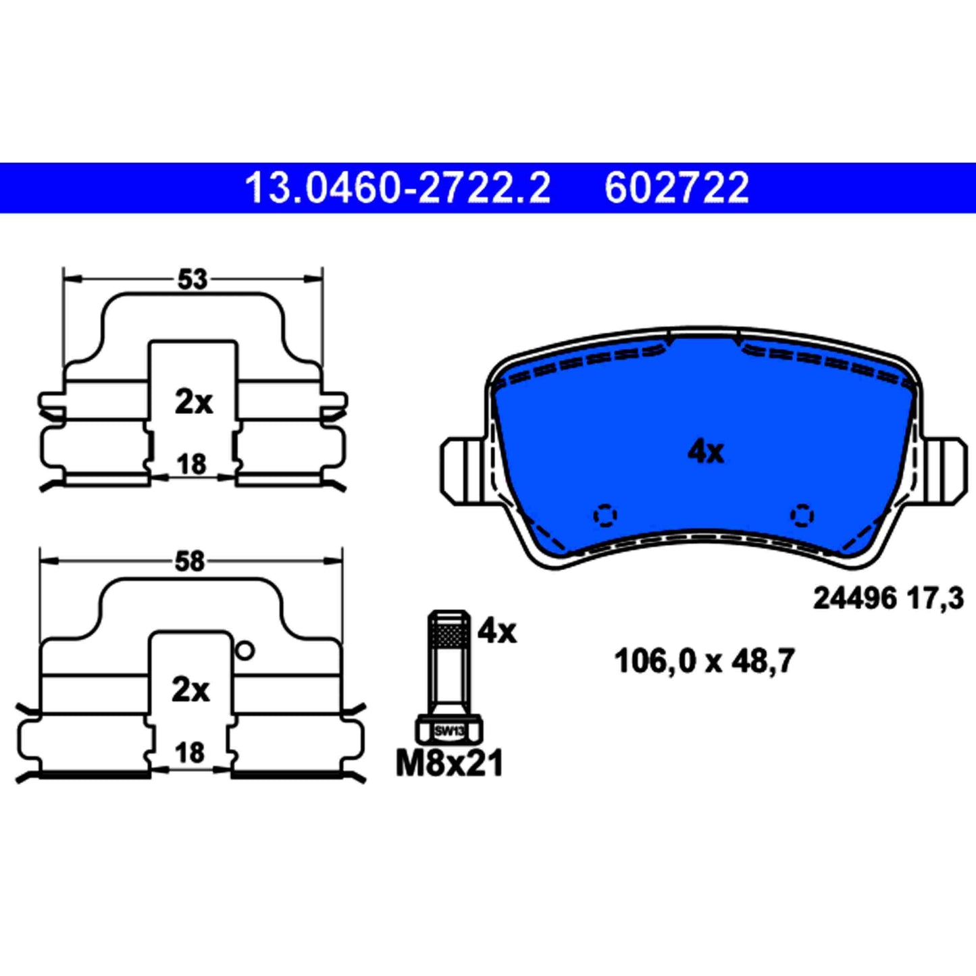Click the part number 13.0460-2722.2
pyautogui.click(x=397, y=188)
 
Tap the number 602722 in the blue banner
pyautogui.click(x=677, y=188)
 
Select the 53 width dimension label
pyautogui.click(x=192, y=279)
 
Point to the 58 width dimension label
pyautogui.click(x=189, y=561)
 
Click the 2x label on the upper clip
pyautogui.click(x=193, y=403)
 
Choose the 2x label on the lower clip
pyautogui.click(x=190, y=690)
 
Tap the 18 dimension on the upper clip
pyautogui.click(x=191, y=464)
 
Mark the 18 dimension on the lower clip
pyautogui.click(x=189, y=752)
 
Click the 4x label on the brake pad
pyautogui.click(x=705, y=451)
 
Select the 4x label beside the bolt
pyautogui.click(x=496, y=631)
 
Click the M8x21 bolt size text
pyautogui.click(x=449, y=764)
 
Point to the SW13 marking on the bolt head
pyautogui.click(x=449, y=731)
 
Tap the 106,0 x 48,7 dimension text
pyautogui.click(x=704, y=661)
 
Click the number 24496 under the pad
pyautogui.click(x=854, y=598)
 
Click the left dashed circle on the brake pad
pyautogui.click(x=605, y=516)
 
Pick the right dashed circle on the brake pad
pyautogui.click(x=802, y=516)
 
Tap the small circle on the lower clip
pyautogui.click(x=245, y=650)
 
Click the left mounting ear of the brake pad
pyautogui.click(x=463, y=470)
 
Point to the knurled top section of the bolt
pyautogui.click(x=449, y=635)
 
